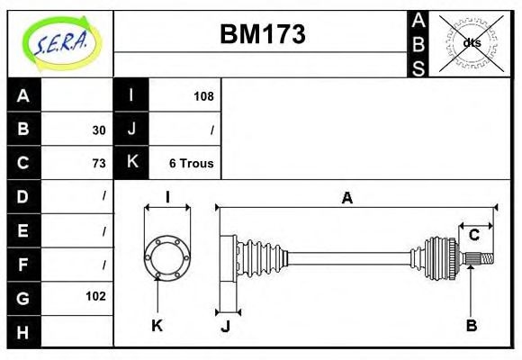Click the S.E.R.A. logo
pyautogui.click(x=60, y=41)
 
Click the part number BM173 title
pyautogui.click(x=262, y=34)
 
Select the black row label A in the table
pyautogui.click(x=23, y=95)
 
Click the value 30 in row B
pyautogui.click(x=98, y=130)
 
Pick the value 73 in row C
pyautogui.click(x=98, y=163)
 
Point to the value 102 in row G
pyautogui.click(x=95, y=296)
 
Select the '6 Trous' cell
pyautogui.click(x=191, y=163)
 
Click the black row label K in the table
pyautogui.click(x=131, y=163)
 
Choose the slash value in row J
pyautogui.click(x=211, y=130)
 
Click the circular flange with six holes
pyautogui.click(x=167, y=256)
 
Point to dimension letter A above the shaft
pyautogui.click(x=346, y=198)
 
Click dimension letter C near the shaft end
pyautogui.click(x=472, y=236)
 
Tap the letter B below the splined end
pyautogui.click(x=471, y=326)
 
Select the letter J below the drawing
pyautogui.click(x=226, y=326)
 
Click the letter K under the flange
pyautogui.click(x=157, y=326)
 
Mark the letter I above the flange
pyautogui.click(x=167, y=197)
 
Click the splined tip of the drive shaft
pyautogui.click(x=484, y=259)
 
